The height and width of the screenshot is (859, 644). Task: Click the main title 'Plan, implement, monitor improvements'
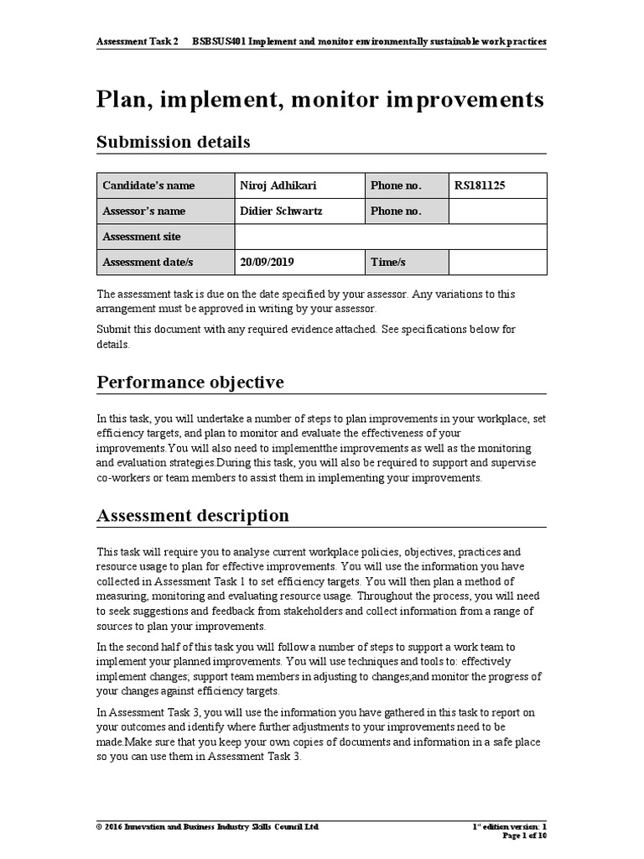pyautogui.click(x=320, y=100)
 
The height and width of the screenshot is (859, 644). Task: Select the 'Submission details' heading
pyautogui.click(x=173, y=142)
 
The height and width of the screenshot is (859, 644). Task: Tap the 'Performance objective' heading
pyautogui.click(x=190, y=383)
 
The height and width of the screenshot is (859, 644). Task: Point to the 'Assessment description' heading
pyautogui.click(x=193, y=515)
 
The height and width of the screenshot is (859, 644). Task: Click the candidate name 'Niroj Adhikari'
pyautogui.click(x=278, y=185)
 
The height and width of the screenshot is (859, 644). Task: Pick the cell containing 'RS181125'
pyautogui.click(x=497, y=185)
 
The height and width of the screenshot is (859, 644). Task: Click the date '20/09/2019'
pyautogui.click(x=267, y=263)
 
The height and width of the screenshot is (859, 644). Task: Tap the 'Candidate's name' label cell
pyautogui.click(x=148, y=185)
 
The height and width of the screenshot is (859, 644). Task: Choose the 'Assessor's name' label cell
pyautogui.click(x=144, y=211)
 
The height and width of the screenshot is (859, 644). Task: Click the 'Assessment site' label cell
pyautogui.click(x=142, y=237)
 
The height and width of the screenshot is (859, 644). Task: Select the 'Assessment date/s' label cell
pyautogui.click(x=148, y=263)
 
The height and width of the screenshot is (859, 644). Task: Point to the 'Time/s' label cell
pyautogui.click(x=388, y=263)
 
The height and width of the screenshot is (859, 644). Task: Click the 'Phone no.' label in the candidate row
pyautogui.click(x=396, y=185)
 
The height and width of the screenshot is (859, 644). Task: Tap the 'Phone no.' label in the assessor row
pyautogui.click(x=396, y=211)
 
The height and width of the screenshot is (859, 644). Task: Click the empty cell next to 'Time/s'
pyautogui.click(x=497, y=263)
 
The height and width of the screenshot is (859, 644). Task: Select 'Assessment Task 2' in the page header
pyautogui.click(x=138, y=40)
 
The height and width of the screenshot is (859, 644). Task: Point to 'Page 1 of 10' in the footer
pyautogui.click(x=524, y=836)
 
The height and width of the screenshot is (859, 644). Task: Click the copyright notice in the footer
pyautogui.click(x=208, y=826)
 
